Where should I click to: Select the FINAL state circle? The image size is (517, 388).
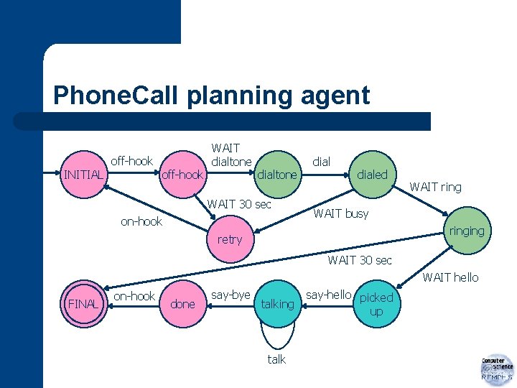coord(83,304)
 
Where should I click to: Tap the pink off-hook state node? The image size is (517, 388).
coord(183,175)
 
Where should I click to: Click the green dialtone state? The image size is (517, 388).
coord(277,175)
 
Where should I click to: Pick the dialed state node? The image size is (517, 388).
coord(372,175)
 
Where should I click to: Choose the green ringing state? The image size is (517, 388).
coord(466,231)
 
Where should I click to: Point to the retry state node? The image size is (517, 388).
coord(230,239)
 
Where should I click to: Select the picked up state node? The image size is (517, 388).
coord(376,304)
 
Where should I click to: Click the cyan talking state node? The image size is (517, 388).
coord(277,304)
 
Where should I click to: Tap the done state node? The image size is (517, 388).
coord(182,304)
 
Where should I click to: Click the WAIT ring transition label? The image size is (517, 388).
coord(435,188)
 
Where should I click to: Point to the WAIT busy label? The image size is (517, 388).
coord(341,213)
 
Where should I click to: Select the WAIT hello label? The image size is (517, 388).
coord(450,277)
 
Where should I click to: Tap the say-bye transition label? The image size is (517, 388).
coord(230,295)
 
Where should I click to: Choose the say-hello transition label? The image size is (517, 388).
coord(328,295)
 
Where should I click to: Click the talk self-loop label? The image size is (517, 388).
coord(276,359)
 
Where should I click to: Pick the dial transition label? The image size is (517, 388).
coord(321,162)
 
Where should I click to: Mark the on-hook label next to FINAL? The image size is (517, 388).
coord(134,296)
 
